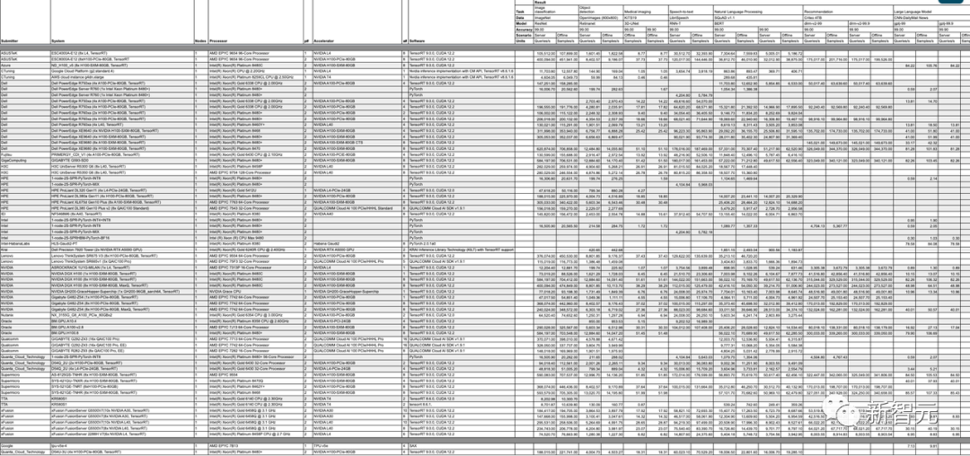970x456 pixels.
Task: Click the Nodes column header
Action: click(199, 41)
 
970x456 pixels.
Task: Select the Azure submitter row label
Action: click(6, 65)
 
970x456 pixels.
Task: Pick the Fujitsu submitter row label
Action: click(8, 153)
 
